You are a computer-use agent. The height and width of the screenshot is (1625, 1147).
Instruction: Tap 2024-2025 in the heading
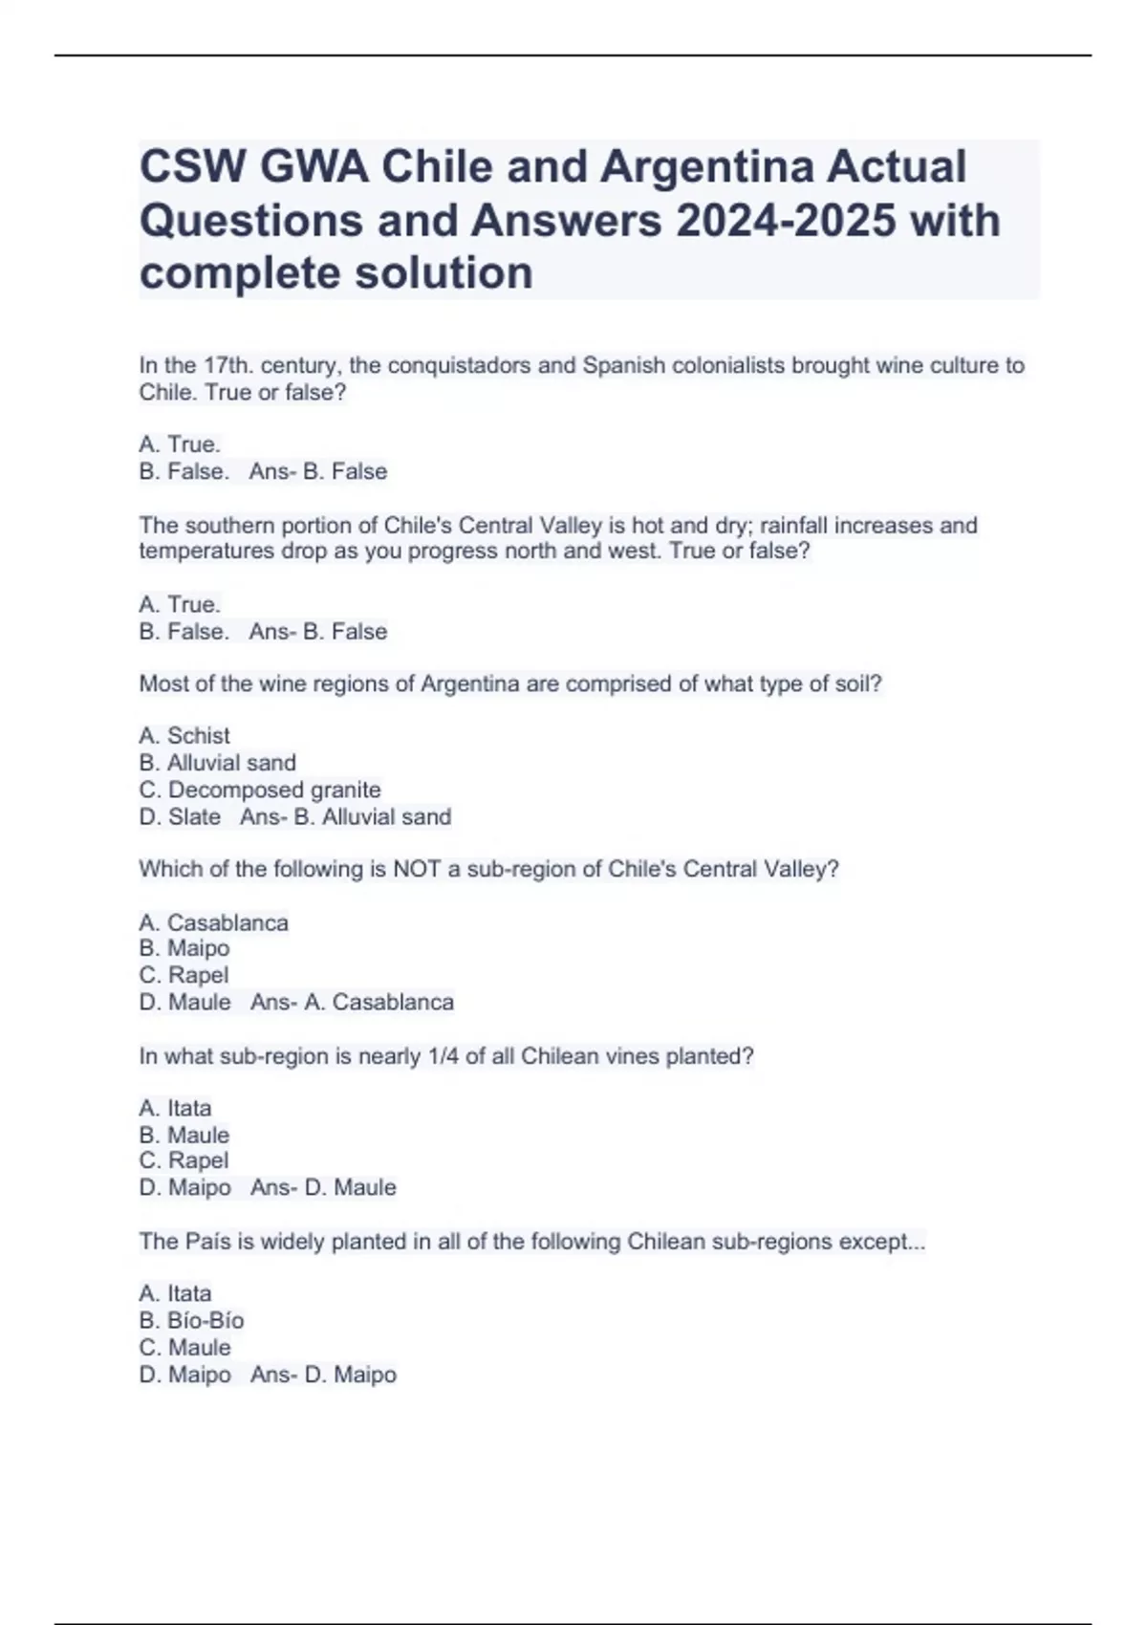click(786, 221)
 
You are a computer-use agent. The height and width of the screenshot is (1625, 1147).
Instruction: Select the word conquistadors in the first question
click(457, 366)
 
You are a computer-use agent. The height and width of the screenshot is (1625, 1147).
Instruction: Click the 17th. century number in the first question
click(227, 366)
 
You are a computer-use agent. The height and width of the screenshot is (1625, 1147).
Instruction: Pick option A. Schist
click(184, 736)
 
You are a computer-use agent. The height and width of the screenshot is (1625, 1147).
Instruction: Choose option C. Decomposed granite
click(260, 791)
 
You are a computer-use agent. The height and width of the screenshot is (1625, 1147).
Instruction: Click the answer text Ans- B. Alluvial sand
click(346, 817)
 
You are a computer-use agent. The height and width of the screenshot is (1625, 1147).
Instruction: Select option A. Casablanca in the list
click(213, 923)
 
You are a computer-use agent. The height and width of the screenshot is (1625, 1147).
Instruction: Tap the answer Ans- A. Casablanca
click(352, 1003)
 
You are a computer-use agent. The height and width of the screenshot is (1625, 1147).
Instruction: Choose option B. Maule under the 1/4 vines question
click(184, 1136)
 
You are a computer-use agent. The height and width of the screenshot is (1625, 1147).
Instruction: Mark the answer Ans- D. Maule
click(323, 1188)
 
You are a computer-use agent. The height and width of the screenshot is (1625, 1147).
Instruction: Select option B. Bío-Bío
click(191, 1321)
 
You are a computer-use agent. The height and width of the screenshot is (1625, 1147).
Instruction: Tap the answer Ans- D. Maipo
click(323, 1376)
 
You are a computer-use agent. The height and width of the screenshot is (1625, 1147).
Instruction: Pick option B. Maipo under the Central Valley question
click(184, 948)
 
